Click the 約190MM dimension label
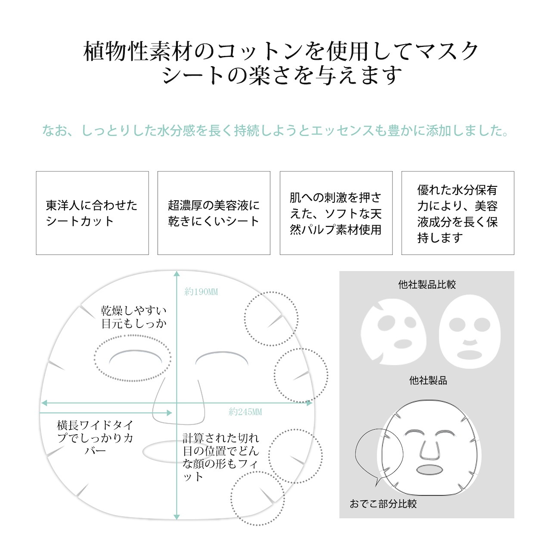(201, 292)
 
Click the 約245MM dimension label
(245, 412)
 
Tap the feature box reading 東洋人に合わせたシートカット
(93, 213)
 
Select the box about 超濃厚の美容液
(214, 213)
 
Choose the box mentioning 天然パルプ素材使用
(336, 213)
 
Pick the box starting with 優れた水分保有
(458, 213)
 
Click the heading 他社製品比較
(427, 285)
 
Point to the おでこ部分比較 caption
(383, 504)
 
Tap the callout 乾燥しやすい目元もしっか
(134, 317)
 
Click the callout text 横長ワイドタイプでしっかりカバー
(95, 437)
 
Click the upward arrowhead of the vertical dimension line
(177, 274)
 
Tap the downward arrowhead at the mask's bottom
(177, 517)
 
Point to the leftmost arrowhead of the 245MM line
(44, 403)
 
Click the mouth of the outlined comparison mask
(430, 470)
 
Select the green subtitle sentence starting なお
(275, 130)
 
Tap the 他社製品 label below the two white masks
(428, 380)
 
